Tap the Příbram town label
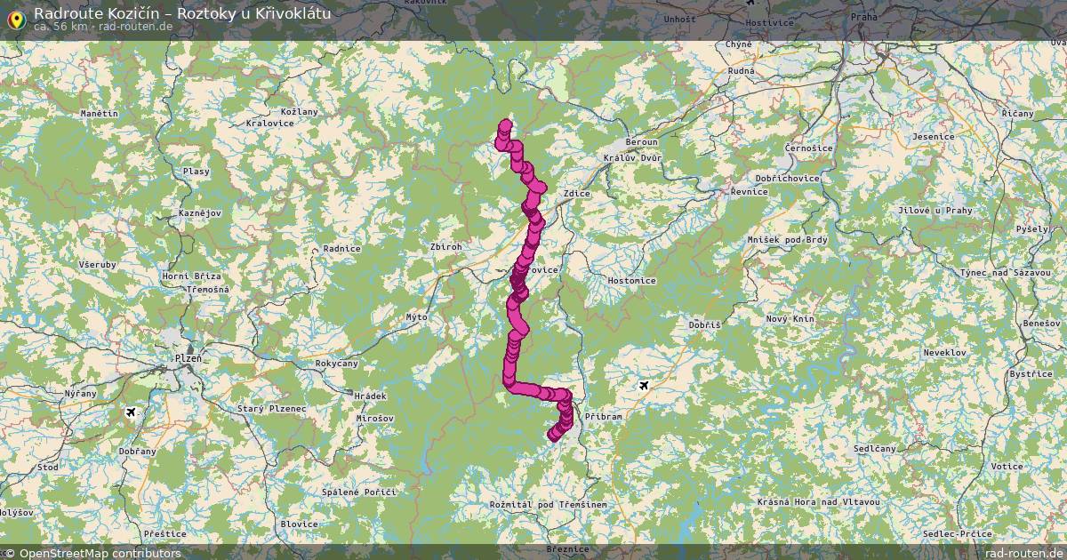[x=604, y=415]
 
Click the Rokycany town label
[x=337, y=364]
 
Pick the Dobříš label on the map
[x=705, y=325]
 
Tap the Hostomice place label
[x=631, y=280]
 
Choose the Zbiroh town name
[x=445, y=247]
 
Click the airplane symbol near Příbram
[x=644, y=385]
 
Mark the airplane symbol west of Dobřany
[x=132, y=412]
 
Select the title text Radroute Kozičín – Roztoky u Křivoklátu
[x=182, y=12]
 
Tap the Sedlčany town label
[x=875, y=450]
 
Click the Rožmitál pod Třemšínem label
[x=548, y=505]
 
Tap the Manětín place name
[x=99, y=114]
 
